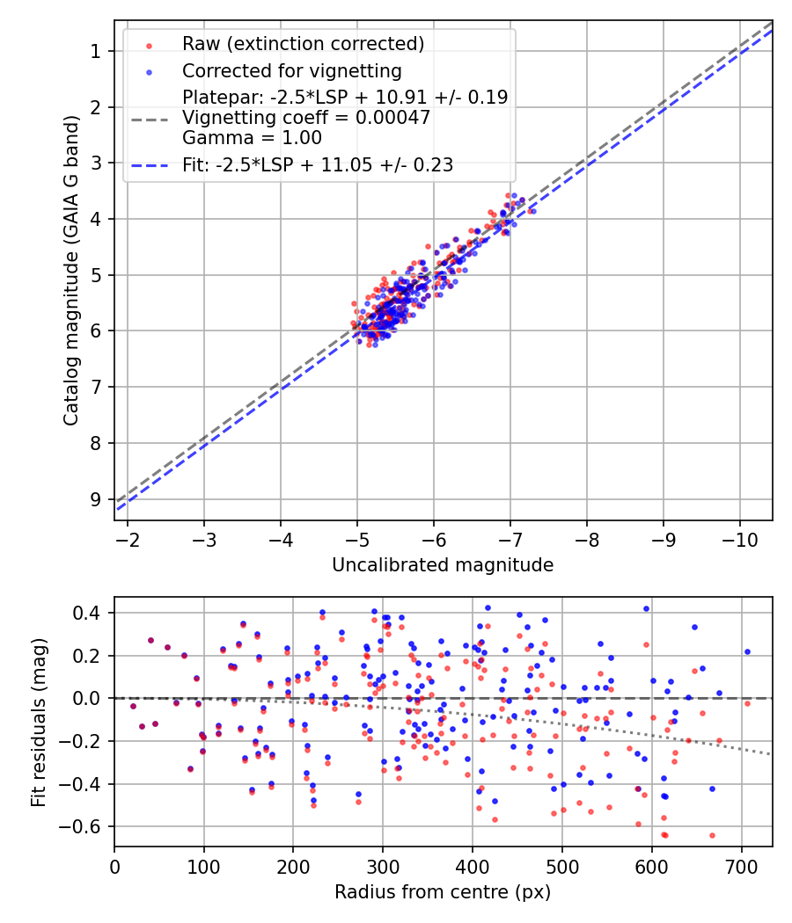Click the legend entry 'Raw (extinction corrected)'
303,44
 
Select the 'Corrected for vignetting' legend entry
291,71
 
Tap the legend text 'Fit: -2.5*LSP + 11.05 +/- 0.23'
318,164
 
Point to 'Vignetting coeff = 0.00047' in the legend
306,118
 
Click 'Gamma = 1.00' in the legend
252,138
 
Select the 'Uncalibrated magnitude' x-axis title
443,565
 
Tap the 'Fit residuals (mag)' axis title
38,722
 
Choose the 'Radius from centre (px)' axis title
443,892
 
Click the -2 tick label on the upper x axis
128,539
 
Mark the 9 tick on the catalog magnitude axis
96,498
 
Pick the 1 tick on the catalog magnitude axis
96,51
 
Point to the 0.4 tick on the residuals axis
92,613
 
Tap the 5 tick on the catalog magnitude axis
96,274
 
